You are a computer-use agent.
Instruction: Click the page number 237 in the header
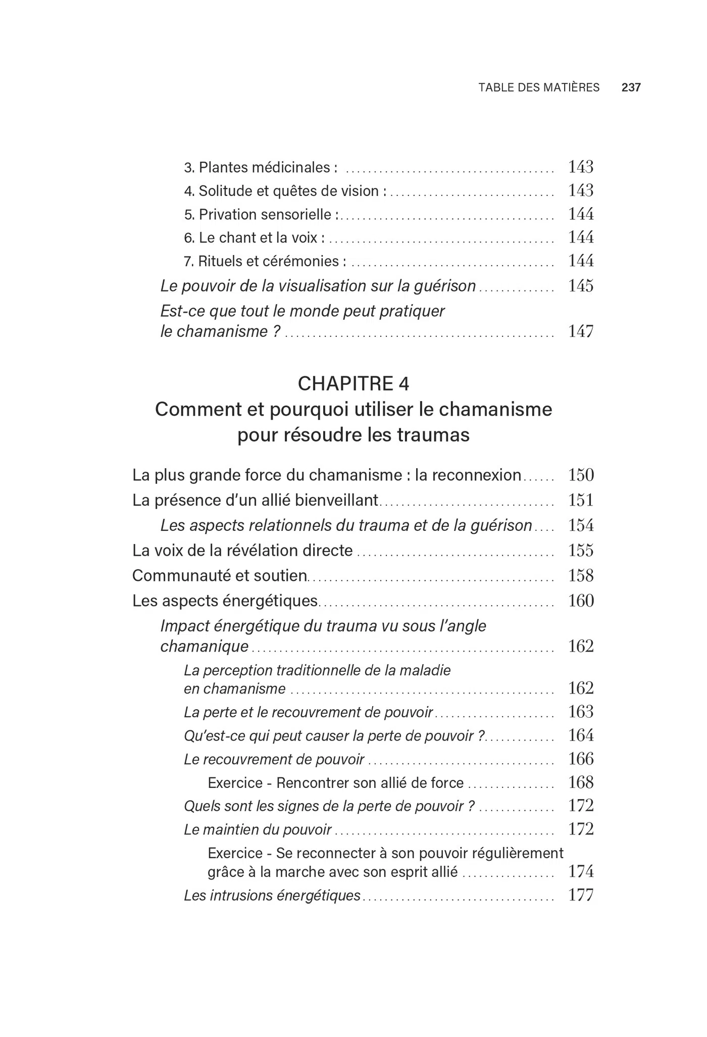point(631,87)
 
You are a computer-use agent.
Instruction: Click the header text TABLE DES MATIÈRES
point(539,87)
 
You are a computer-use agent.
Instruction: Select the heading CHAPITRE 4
point(353,384)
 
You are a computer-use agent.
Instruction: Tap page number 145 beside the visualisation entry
point(581,286)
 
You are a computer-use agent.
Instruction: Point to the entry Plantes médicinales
point(261,167)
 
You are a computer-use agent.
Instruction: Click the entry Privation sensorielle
point(261,215)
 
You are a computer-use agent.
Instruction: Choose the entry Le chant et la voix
point(254,237)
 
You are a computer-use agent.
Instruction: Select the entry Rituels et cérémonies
point(265,261)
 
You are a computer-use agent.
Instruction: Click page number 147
point(581,331)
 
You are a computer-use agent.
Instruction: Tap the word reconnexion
point(468,475)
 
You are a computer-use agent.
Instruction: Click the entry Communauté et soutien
point(220,576)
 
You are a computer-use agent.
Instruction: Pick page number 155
point(581,550)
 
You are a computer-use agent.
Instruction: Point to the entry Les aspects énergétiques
point(225,601)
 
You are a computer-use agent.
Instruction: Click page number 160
point(581,601)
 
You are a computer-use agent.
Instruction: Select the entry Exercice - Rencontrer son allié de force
point(335,783)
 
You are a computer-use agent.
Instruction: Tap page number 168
point(581,782)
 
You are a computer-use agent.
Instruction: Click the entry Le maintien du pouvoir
point(258,829)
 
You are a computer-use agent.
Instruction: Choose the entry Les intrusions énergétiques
point(272,896)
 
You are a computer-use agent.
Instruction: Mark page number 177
point(581,895)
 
